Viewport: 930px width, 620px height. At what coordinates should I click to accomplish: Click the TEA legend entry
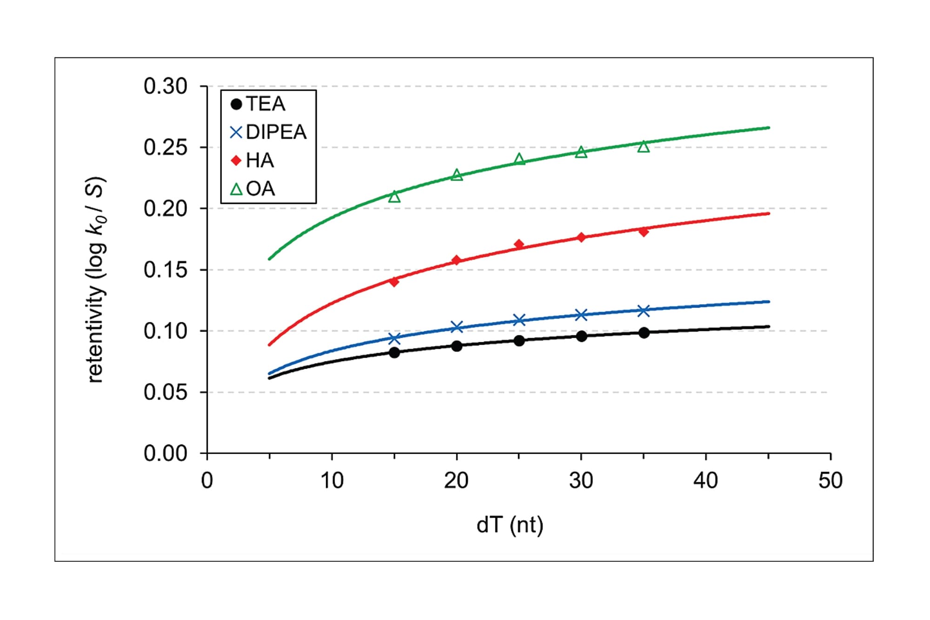[x=259, y=104]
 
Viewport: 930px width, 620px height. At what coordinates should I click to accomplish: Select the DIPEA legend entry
[x=269, y=133]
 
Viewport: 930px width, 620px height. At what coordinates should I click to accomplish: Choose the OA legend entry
[x=253, y=189]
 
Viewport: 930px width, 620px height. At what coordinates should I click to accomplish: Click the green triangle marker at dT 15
[x=394, y=197]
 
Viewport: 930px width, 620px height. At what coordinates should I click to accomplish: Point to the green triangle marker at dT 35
[x=644, y=147]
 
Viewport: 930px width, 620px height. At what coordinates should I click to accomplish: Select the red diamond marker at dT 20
[x=457, y=260]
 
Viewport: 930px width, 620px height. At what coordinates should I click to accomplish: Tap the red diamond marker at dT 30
[x=581, y=237]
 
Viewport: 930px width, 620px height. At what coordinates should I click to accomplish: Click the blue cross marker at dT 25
[x=519, y=320]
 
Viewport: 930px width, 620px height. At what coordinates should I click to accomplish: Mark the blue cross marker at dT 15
[x=394, y=338]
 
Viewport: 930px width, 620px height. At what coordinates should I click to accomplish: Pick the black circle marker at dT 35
[x=644, y=333]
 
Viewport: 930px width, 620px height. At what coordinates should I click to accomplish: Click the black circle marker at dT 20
[x=457, y=346]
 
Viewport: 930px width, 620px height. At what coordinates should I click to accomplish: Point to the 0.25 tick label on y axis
[x=165, y=148]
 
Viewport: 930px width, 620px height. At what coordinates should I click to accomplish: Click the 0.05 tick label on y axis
[x=165, y=393]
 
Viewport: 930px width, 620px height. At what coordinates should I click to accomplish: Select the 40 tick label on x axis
[x=705, y=480]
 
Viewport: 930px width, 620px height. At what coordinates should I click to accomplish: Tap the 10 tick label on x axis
[x=332, y=480]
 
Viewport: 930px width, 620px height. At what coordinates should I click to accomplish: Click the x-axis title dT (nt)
[x=510, y=526]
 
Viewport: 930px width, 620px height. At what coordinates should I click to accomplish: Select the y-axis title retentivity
[x=96, y=279]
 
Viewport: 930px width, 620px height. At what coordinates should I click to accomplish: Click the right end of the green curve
[x=768, y=127]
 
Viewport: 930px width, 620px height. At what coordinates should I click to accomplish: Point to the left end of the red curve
[x=270, y=345]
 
